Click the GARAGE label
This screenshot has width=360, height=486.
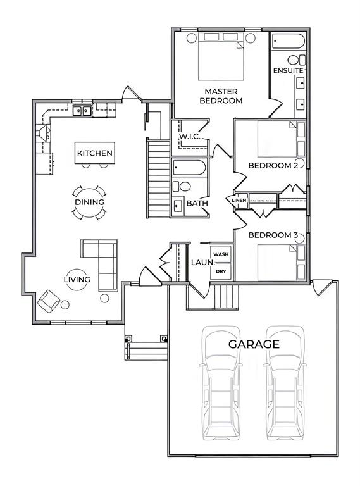click(254, 344)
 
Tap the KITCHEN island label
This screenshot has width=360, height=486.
click(95, 153)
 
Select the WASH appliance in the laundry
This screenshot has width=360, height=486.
click(221, 254)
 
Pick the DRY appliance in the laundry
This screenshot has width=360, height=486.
click(221, 271)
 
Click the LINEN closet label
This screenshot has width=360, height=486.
click(239, 200)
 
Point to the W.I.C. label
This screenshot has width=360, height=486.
click(190, 137)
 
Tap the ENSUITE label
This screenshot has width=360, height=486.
click(288, 71)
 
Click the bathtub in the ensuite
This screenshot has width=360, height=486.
click(289, 41)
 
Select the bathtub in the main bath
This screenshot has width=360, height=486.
click(189, 168)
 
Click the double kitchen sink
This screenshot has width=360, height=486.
click(82, 110)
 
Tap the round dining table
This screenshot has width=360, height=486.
click(89, 202)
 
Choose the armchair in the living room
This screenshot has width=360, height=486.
click(49, 301)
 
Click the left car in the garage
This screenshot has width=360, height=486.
click(221, 383)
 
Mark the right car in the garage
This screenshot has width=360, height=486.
click(285, 383)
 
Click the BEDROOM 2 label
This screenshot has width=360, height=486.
click(273, 166)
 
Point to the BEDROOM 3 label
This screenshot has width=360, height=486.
click(273, 235)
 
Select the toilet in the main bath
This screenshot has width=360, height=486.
click(182, 187)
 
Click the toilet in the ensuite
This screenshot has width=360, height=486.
click(297, 60)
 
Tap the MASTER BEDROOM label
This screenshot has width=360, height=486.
click(221, 96)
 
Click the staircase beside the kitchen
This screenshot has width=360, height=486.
click(158, 179)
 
